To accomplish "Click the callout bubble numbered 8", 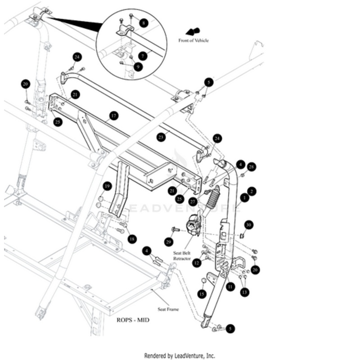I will (x=144, y=22).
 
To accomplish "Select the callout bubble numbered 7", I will (x=143, y=56).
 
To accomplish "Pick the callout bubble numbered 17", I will (x=113, y=116).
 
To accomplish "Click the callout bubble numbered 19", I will (x=107, y=186).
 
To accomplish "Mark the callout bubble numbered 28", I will (x=252, y=167).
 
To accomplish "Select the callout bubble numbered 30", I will (x=249, y=225).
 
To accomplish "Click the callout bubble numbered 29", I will (x=169, y=242).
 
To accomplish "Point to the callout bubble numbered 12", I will (x=196, y=263).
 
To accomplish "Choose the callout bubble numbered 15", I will (x=202, y=294).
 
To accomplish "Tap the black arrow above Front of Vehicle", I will (x=193, y=31).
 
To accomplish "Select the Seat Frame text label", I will (x=168, y=309).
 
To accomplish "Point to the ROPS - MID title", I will (x=133, y=320).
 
